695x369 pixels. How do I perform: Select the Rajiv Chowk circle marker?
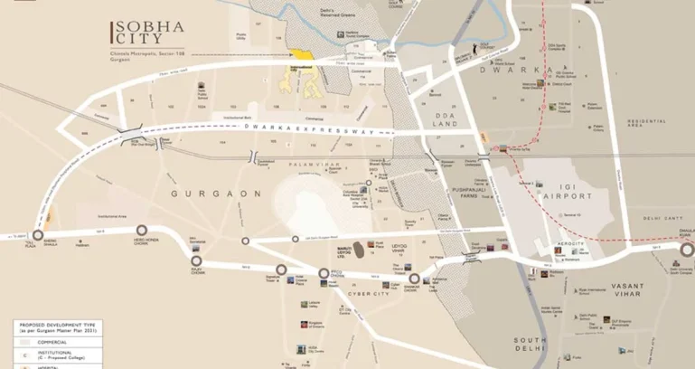click(x=196, y=261)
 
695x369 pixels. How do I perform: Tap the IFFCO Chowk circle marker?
click(x=324, y=273)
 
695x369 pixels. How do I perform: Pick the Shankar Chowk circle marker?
click(x=415, y=279)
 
